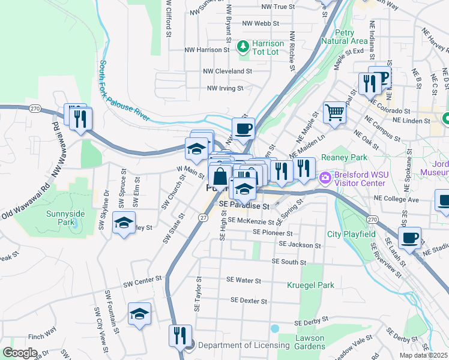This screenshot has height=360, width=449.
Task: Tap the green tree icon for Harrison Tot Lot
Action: click(243, 45)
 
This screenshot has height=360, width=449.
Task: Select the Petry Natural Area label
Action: click(343, 37)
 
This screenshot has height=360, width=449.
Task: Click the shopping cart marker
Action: click(335, 112)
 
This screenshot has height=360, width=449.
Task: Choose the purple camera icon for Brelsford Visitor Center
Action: click(326, 178)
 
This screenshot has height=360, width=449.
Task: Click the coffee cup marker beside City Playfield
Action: click(410, 238)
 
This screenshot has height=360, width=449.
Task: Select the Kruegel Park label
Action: click(310, 285)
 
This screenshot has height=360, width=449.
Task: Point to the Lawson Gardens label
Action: click(310, 342)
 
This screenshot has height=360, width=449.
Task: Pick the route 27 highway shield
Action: click(203, 217)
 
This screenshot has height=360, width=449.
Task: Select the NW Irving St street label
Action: click(224, 88)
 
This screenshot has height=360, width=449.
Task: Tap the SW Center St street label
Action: click(143, 279)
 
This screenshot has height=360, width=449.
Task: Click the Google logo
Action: click(20, 353)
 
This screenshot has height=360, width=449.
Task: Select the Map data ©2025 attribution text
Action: click(423, 355)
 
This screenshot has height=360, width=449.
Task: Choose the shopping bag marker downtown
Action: click(220, 177)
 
